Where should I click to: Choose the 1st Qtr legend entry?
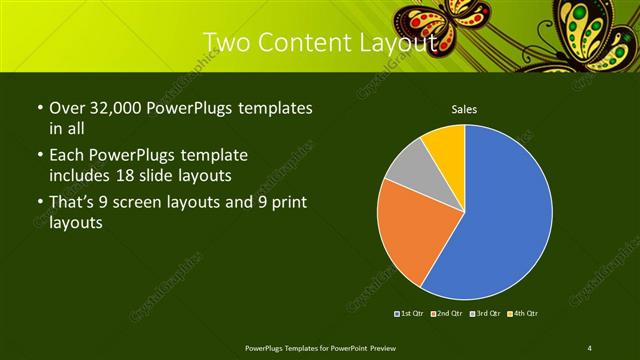coord(409,314)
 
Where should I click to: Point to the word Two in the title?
coord(226,43)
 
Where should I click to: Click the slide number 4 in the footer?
coord(590,347)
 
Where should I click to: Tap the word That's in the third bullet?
coord(74,204)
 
